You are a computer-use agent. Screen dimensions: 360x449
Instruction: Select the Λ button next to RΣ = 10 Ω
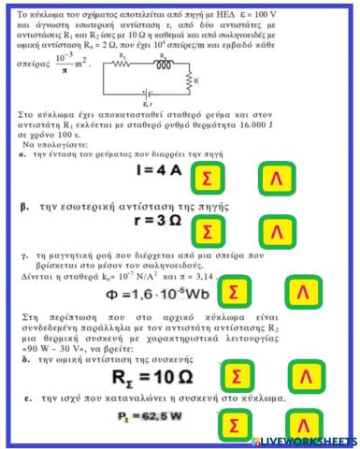click(302, 377)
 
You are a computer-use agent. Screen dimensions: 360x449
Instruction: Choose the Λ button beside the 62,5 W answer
click(302, 425)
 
